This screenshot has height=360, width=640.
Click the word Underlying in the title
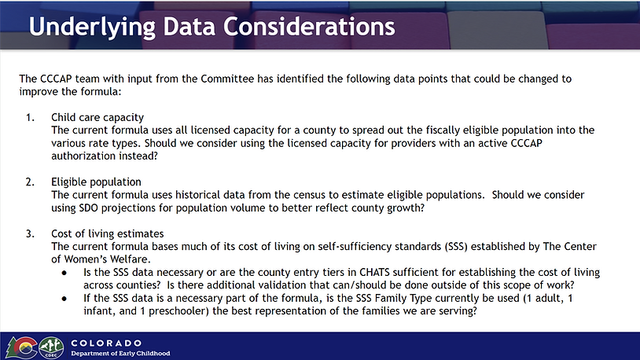point(92,28)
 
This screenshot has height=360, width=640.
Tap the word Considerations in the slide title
point(309,27)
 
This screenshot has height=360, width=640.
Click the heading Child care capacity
point(97,118)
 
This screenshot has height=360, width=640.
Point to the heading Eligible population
point(96,182)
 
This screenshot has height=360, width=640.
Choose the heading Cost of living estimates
point(108,233)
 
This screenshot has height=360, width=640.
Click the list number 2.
point(30,182)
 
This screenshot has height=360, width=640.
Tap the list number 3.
point(30,234)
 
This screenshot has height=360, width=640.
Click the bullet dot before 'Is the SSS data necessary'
point(64,273)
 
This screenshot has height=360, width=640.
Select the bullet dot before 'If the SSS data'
point(64,299)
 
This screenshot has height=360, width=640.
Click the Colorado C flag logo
point(21,347)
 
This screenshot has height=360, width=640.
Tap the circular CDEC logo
point(51,348)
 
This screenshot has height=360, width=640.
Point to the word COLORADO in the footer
point(106,343)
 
